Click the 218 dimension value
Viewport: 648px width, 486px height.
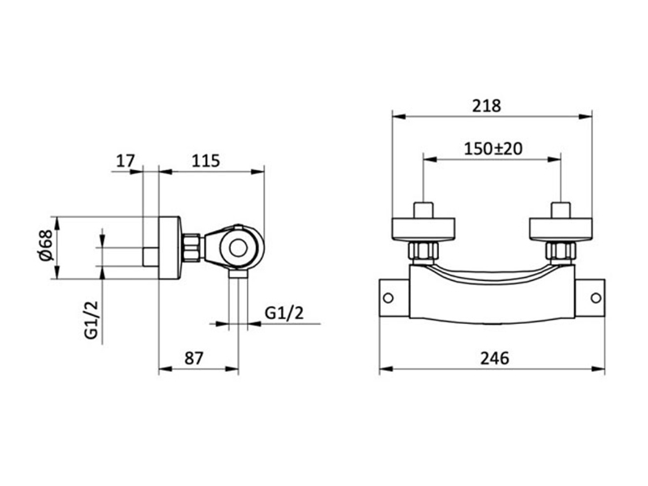click(487, 106)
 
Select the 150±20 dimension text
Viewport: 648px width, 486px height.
click(493, 149)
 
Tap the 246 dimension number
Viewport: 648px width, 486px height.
click(495, 358)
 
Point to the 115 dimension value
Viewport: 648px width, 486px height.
click(206, 160)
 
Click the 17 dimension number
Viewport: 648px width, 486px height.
click(126, 160)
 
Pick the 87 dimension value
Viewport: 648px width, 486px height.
click(194, 358)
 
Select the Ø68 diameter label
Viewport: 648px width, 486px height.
click(46, 245)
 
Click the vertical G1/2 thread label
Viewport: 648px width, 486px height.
click(92, 320)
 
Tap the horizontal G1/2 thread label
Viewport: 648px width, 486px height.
click(284, 313)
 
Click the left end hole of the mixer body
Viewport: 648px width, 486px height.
click(388, 297)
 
